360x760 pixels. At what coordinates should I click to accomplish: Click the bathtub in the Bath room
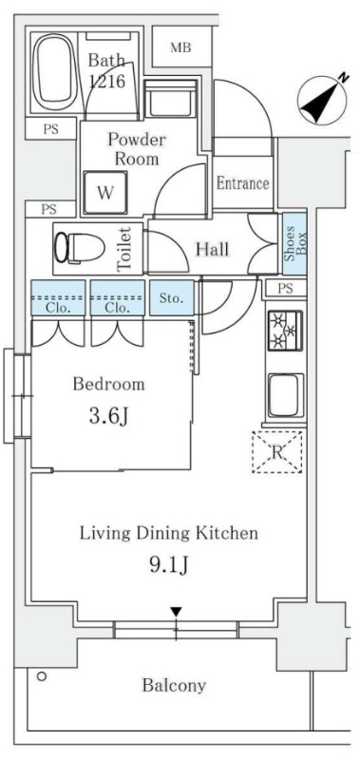[54, 73]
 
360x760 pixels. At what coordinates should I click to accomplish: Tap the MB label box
[181, 47]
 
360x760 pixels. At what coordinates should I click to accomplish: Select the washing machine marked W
[105, 193]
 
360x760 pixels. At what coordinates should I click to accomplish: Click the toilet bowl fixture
[80, 248]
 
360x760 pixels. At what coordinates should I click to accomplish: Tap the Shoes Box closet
[294, 244]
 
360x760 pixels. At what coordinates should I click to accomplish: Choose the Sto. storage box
[172, 297]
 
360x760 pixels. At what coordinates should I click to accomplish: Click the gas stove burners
[285, 331]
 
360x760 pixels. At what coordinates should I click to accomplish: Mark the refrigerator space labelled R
[277, 452]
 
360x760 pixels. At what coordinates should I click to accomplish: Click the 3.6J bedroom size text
[108, 416]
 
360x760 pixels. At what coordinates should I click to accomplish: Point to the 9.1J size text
[169, 565]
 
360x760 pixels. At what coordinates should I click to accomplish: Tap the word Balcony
[174, 685]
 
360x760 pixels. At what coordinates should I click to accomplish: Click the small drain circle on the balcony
[42, 676]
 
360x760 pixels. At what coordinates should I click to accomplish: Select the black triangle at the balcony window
[176, 611]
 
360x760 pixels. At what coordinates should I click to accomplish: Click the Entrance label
[242, 183]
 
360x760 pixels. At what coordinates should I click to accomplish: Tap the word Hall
[212, 250]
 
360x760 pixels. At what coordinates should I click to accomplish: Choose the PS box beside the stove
[286, 289]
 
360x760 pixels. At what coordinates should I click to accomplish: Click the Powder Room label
[136, 149]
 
